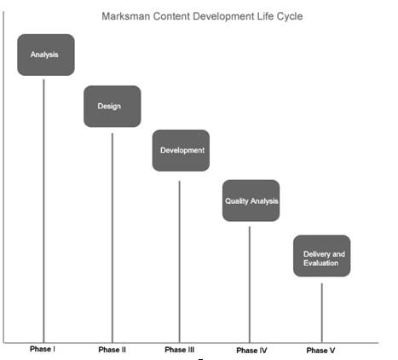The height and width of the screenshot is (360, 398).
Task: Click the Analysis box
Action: coord(46,55)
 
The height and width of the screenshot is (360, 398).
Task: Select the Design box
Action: coord(112,107)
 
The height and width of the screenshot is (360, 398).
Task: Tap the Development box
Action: coord(181,150)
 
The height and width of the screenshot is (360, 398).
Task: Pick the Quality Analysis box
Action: coord(251,200)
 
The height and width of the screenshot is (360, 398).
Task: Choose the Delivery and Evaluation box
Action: coord(322,256)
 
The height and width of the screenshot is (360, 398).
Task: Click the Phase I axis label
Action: coord(43,349)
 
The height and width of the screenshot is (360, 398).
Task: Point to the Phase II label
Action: coord(112,350)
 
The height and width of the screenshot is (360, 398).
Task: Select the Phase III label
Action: coord(180,350)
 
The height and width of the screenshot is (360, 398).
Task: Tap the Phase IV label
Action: coord(251,351)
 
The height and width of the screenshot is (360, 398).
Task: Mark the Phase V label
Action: coord(320,351)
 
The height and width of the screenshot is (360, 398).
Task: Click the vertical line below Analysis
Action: coord(43,211)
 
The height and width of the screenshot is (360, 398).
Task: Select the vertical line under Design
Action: coord(112,238)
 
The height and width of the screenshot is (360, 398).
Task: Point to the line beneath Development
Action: coord(179,262)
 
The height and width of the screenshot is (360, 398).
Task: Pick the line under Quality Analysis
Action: coord(250,285)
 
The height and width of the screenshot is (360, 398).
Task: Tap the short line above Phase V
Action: coord(322,313)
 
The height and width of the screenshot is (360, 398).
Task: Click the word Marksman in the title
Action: coord(126,16)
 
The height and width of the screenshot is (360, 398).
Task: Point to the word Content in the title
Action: coord(171,16)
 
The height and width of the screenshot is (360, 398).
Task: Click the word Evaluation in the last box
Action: coord(320,263)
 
